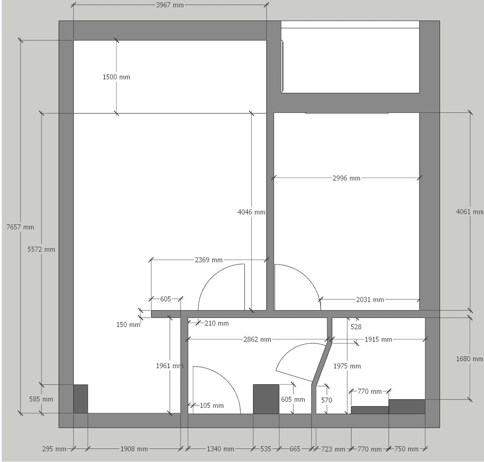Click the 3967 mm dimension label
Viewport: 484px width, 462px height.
[x=170, y=5]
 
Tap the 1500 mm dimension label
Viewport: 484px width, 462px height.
[x=116, y=77]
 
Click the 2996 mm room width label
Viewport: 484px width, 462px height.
[x=346, y=178]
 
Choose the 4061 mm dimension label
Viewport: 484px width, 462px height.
[x=470, y=212]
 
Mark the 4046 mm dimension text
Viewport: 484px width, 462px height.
[x=251, y=212]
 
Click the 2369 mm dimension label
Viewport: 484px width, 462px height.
[x=209, y=260]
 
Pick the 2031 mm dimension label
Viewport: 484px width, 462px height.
[x=370, y=300]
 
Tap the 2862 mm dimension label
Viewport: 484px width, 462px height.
[x=258, y=339]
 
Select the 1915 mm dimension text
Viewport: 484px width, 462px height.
[x=378, y=339]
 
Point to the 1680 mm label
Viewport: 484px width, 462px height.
[x=470, y=359]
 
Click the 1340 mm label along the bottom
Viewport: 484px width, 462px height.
[x=220, y=449]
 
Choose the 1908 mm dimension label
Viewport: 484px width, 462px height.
[x=134, y=449]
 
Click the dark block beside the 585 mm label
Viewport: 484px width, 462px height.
[x=80, y=399]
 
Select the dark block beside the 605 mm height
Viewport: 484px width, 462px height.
[x=266, y=399]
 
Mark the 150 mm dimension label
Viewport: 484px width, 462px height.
[x=128, y=325]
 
